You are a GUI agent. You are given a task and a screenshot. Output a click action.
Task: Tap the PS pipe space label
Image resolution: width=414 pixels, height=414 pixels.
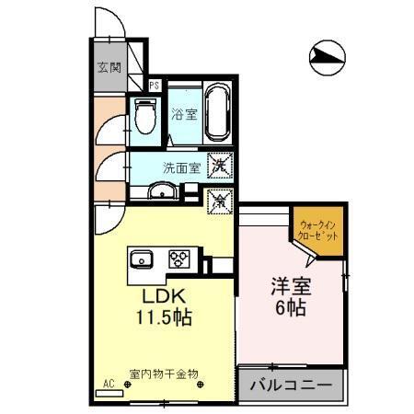point(155,86)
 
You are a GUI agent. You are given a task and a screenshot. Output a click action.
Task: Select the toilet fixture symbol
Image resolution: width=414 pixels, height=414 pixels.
point(142,117)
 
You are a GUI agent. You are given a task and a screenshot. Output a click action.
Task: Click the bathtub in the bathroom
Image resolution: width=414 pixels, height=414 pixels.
point(217,111)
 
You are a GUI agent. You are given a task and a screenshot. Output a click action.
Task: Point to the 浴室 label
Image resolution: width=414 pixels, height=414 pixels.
point(184,115)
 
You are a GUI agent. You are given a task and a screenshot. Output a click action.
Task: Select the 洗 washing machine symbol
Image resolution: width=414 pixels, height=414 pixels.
point(221,167)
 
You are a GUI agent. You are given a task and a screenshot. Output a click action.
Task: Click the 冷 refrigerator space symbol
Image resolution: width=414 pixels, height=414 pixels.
point(220,198)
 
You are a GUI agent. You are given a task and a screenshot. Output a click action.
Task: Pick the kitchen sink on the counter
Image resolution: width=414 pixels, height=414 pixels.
point(143,258)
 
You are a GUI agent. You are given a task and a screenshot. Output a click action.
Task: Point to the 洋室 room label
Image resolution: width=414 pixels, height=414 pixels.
point(291,286)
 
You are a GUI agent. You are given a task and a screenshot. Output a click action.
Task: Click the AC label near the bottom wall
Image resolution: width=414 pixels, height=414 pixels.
point(108,385)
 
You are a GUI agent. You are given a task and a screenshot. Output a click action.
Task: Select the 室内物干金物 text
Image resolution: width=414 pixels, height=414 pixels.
point(164,374)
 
